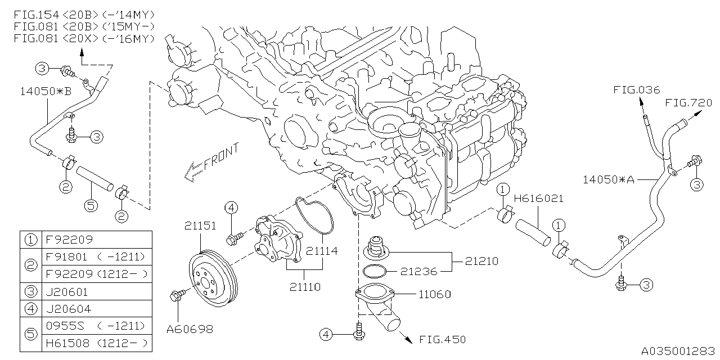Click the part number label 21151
[201, 226]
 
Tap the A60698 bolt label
[190, 329]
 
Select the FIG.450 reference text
[443, 340]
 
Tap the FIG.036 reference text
[637, 90]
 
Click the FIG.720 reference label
[688, 103]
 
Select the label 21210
[481, 262]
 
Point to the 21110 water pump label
[305, 287]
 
